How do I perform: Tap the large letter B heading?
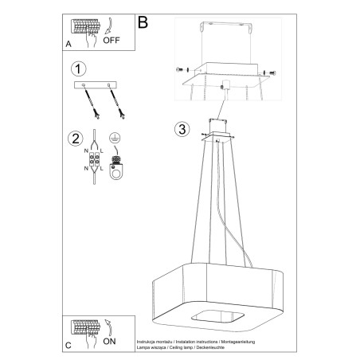click(x=143, y=22)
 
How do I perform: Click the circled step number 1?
click(x=77, y=68)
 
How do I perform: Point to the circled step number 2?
click(x=77, y=138)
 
